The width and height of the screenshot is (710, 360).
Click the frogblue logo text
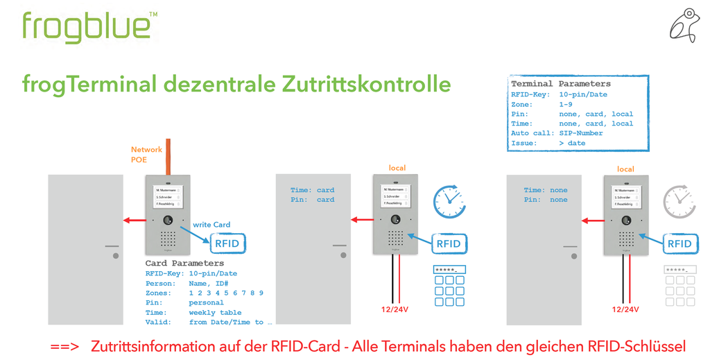(86, 27)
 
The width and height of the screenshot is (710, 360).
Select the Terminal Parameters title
(560, 84)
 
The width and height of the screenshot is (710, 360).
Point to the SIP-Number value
(580, 133)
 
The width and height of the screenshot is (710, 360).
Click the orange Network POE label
(146, 154)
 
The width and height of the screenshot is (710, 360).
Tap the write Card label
(211, 225)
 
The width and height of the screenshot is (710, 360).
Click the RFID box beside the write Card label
(227, 243)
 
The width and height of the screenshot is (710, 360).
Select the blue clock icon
(449, 201)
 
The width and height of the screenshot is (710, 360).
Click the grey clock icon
(678, 201)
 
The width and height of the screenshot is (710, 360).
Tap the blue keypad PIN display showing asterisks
(449, 269)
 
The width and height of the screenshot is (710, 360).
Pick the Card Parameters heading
(184, 264)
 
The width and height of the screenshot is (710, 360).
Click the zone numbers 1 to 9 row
(226, 293)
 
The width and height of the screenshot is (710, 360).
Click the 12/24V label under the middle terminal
(394, 310)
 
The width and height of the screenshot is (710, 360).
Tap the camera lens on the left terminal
(167, 220)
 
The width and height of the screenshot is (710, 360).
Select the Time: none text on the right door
(545, 190)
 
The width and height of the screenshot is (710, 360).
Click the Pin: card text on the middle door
(312, 200)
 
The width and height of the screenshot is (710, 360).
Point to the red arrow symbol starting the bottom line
(64, 346)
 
